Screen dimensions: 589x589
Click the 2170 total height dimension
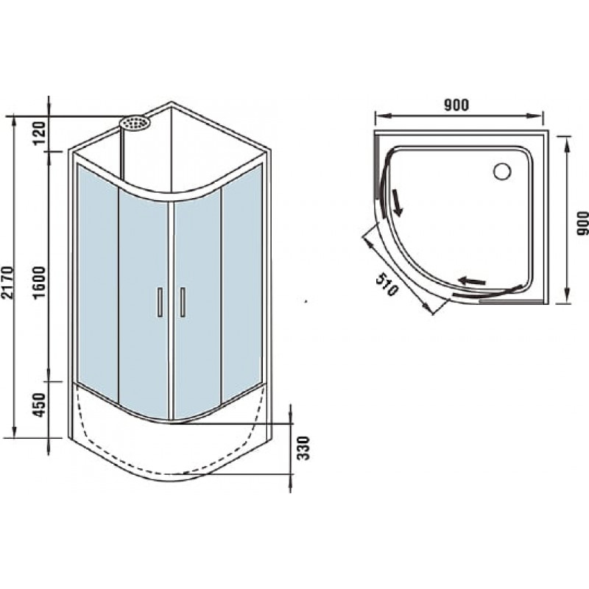pyautogui.click(x=8, y=282)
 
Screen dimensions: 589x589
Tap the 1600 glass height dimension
pyautogui.click(x=39, y=282)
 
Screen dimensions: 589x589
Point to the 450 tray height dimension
pyautogui.click(x=40, y=405)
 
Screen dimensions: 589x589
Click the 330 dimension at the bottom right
pyautogui.click(x=303, y=448)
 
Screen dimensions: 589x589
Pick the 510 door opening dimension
pyautogui.click(x=387, y=284)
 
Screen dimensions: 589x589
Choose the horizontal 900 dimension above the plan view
pyautogui.click(x=456, y=105)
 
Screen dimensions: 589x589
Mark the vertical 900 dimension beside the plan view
pyautogui.click(x=582, y=224)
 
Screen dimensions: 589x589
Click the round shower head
pyautogui.click(x=135, y=123)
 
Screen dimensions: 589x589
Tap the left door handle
pyautogui.click(x=160, y=302)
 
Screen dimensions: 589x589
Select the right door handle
pyautogui.click(x=183, y=302)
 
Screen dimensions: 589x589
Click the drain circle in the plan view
pyautogui.click(x=502, y=172)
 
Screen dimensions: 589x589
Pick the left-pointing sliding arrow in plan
pyautogui.click(x=472, y=281)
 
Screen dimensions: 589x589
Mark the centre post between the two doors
pyautogui.click(x=172, y=311)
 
